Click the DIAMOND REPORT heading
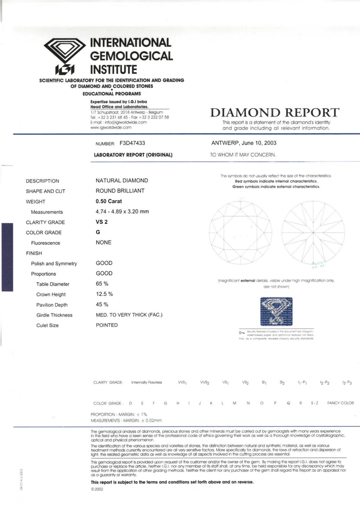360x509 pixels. [x=275, y=113]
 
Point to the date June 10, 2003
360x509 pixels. [x=260, y=143]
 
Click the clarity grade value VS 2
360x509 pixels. [x=102, y=222]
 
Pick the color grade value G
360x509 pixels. [x=98, y=232]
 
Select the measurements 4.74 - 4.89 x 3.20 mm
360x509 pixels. [x=122, y=212]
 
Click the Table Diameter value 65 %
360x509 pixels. [x=102, y=284]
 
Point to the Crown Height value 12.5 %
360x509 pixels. [x=104, y=294]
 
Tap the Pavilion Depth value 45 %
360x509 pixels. [x=102, y=304]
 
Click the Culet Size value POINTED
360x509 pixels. [x=107, y=325]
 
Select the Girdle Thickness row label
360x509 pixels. [x=54, y=315]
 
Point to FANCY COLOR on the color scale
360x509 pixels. [x=340, y=403]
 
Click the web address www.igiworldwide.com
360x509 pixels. [x=111, y=127]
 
